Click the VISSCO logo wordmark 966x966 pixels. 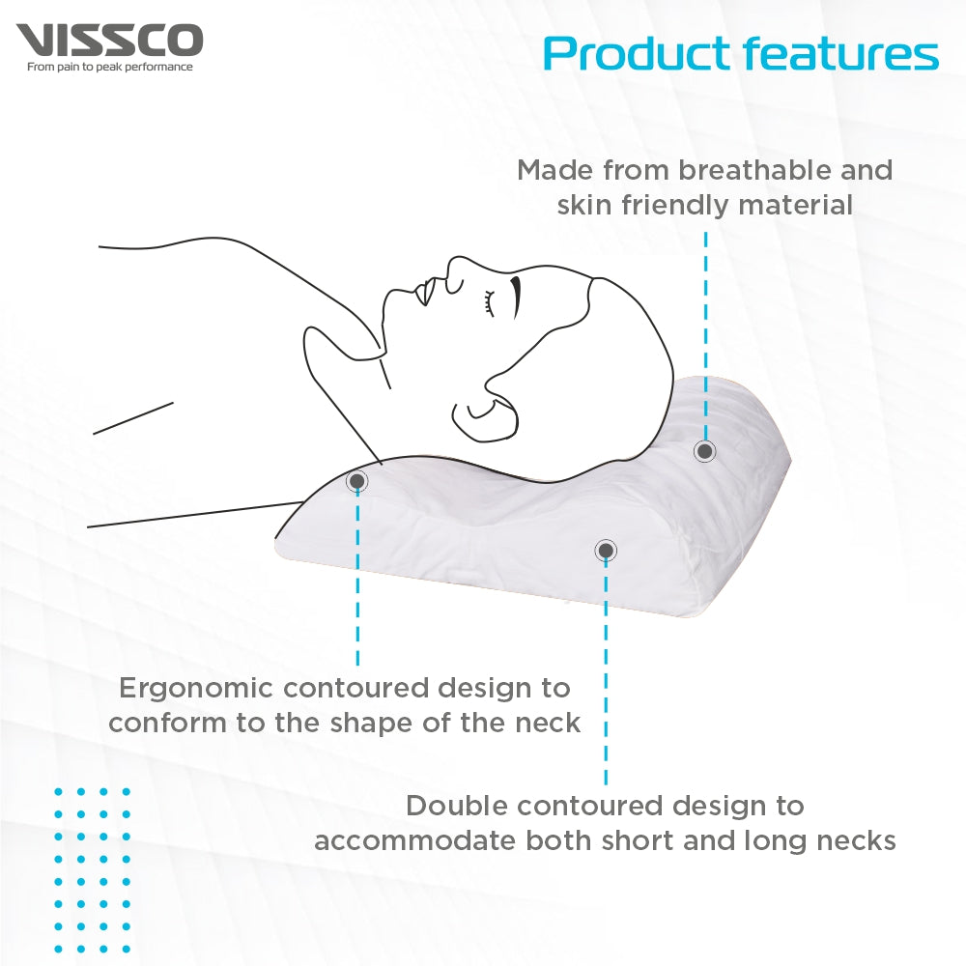click(x=109, y=40)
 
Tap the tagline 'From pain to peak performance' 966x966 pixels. click(x=110, y=68)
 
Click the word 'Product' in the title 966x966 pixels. click(x=638, y=53)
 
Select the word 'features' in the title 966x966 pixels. click(x=841, y=53)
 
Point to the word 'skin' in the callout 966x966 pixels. click(x=585, y=205)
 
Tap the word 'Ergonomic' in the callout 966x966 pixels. click(x=196, y=689)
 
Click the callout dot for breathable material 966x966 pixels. click(x=705, y=451)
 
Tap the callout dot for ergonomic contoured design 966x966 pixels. click(x=356, y=480)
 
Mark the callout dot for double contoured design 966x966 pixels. click(x=606, y=551)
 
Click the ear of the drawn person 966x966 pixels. click(x=486, y=419)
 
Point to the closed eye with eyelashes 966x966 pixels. click(x=490, y=303)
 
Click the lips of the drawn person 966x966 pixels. click(x=424, y=292)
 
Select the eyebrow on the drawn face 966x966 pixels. click(x=516, y=297)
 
